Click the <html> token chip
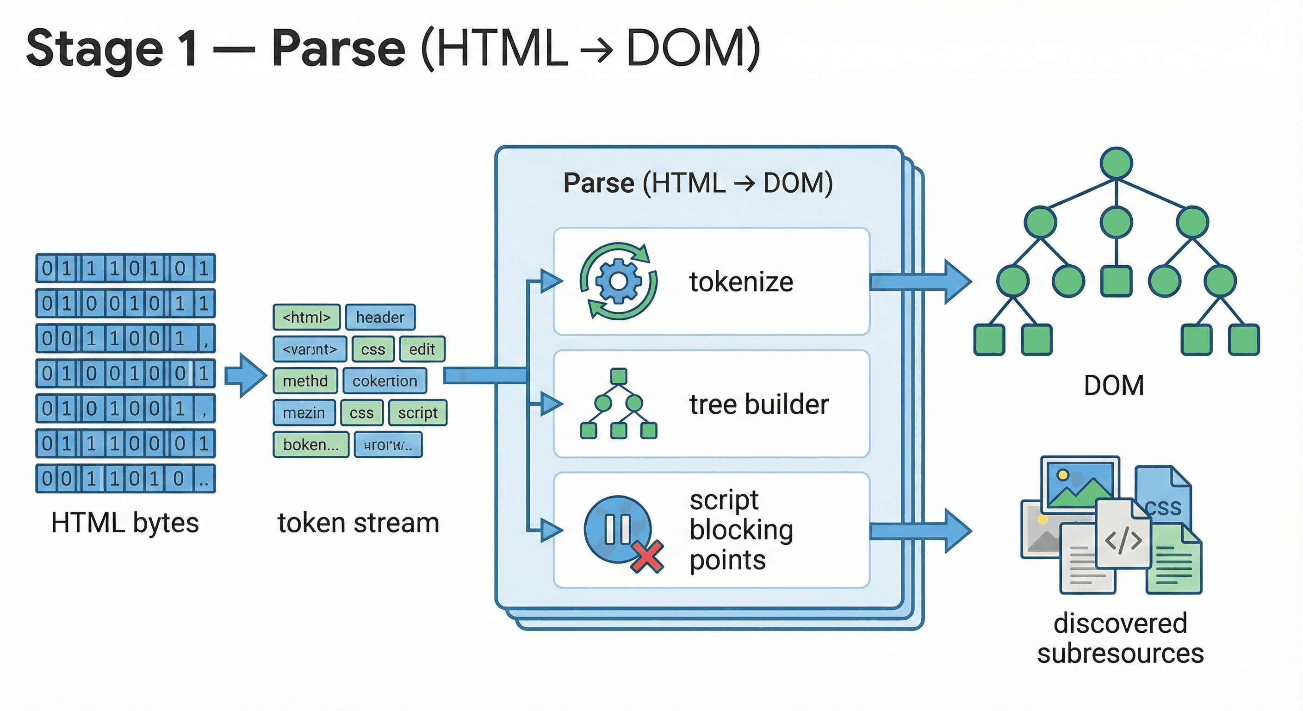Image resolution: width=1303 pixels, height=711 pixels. coord(306,317)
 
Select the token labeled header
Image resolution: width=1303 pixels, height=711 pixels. coord(380,317)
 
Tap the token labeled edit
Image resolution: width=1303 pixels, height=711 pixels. coord(422,349)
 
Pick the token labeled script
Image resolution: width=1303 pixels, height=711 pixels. coord(417,413)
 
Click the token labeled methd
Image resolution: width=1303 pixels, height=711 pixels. coord(305,381)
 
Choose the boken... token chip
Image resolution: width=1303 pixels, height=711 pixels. coord(310,445)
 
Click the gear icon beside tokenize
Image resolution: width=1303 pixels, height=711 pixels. coord(618,281)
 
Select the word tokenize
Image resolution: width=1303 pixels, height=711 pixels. coord(741,282)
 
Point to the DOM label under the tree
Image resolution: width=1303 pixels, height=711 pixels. coord(1114,386)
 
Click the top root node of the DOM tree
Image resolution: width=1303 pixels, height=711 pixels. coord(1116,163)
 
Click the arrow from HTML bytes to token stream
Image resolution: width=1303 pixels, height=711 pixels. coord(246,375)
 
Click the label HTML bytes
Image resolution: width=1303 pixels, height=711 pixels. coord(125,523)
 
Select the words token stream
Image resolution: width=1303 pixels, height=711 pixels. coord(358,523)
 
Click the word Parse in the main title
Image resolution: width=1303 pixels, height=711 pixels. coord(338,49)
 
